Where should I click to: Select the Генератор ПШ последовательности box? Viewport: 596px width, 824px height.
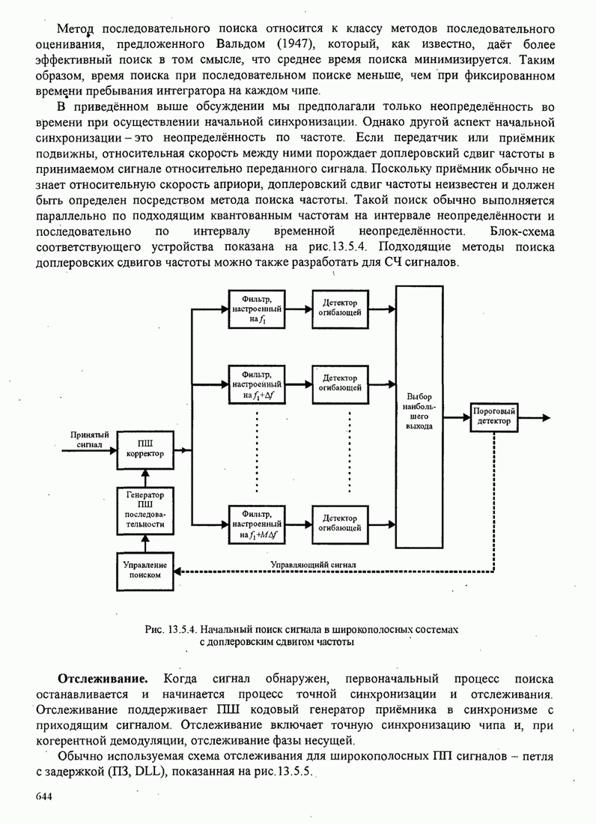click(x=145, y=509)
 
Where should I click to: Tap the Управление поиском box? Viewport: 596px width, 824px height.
click(x=145, y=570)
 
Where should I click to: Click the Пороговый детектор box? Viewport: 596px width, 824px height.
click(x=493, y=416)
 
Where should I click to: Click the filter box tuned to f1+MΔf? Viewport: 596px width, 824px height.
click(x=257, y=524)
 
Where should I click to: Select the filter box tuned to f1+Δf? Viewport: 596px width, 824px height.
click(x=257, y=383)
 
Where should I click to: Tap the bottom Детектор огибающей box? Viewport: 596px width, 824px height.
click(x=340, y=523)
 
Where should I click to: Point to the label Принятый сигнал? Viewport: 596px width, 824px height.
click(x=90, y=439)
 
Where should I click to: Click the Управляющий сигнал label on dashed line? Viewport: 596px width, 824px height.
click(x=314, y=564)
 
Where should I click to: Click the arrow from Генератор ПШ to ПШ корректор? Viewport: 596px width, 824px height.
click(x=145, y=477)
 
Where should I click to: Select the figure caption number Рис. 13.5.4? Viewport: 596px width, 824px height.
click(x=173, y=630)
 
